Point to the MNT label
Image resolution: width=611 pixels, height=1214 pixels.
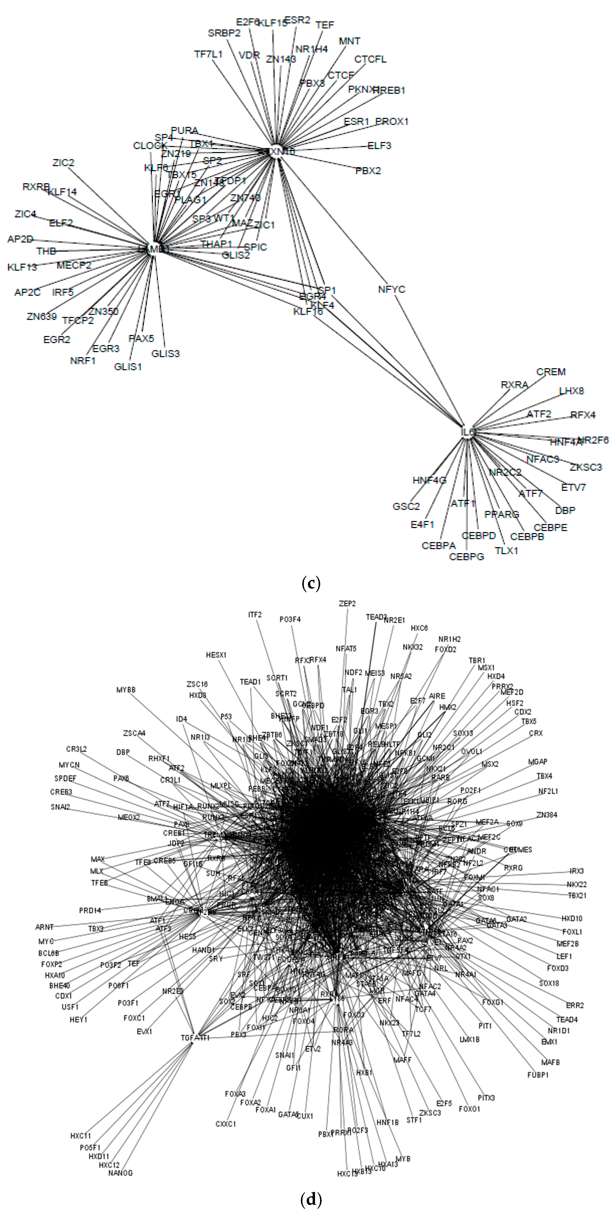(x=349, y=41)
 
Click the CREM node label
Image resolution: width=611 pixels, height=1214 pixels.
(x=551, y=372)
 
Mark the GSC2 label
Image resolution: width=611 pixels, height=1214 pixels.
(x=406, y=507)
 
